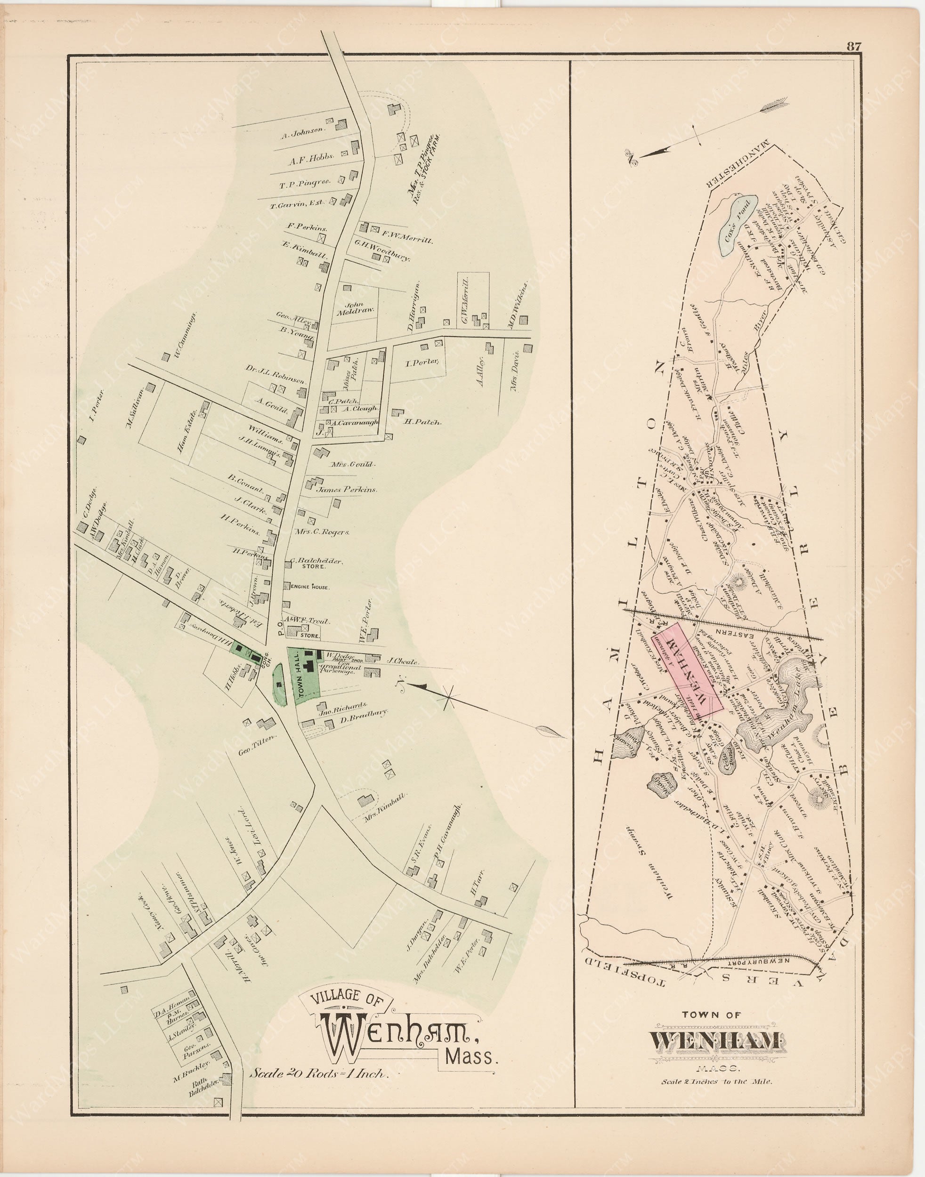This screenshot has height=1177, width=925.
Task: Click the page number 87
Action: coord(853,47)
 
